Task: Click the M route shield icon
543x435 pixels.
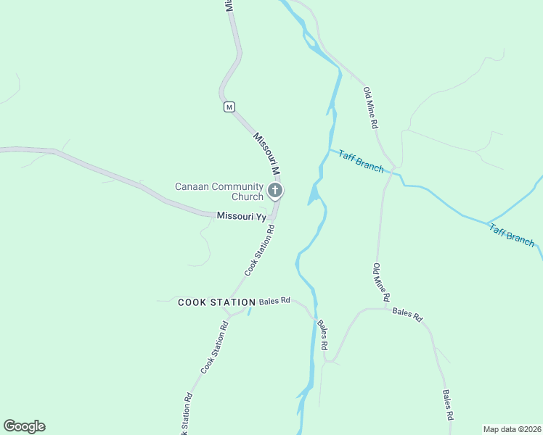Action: point(229,107)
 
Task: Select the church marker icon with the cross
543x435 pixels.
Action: point(275,191)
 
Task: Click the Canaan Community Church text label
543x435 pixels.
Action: point(219,191)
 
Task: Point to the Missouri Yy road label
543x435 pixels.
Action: point(242,216)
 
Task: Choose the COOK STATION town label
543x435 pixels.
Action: point(216,302)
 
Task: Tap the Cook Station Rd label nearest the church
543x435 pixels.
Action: point(260,250)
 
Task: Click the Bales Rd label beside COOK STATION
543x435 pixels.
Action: point(274,300)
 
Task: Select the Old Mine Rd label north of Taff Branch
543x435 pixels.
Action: point(371,108)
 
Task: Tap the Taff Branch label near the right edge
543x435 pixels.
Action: point(512,235)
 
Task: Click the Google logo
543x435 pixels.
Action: point(24,426)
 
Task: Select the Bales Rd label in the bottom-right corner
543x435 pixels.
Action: point(448,405)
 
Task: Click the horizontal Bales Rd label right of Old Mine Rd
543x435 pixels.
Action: point(407,314)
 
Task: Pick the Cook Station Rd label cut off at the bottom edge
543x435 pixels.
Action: point(187,415)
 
